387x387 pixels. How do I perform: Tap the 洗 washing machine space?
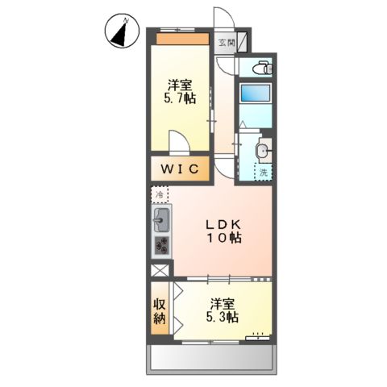[264, 171]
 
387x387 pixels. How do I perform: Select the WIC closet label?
[181, 169]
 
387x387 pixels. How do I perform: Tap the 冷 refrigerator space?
[160, 195]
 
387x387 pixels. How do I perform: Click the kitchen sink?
[160, 218]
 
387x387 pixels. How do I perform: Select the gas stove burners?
[160, 244]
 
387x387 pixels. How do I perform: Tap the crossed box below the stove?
[160, 272]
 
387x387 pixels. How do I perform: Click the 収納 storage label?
[160, 312]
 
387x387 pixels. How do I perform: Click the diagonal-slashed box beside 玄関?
[243, 41]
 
